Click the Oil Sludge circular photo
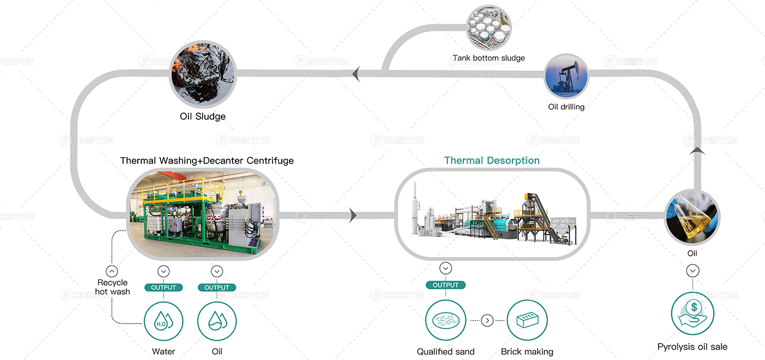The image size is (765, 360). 203,74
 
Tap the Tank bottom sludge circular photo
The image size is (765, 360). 488,28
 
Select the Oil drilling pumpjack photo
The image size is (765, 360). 566,76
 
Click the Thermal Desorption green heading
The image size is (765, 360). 492,161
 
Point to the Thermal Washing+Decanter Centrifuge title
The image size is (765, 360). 207,161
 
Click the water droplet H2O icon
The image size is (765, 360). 164,321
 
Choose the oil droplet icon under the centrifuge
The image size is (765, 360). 217,321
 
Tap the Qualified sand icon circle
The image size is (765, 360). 445,320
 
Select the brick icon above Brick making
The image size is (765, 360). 527,320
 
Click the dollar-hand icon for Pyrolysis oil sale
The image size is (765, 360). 693,314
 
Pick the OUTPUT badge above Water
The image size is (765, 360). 164,287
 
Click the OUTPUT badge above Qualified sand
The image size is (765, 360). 445,285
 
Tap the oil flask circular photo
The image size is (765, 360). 692,218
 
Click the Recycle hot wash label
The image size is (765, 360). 112,287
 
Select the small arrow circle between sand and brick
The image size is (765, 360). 487,321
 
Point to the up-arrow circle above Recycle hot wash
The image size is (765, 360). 112,271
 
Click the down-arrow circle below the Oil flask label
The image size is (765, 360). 693,271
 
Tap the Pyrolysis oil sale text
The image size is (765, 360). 692,347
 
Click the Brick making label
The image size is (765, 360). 527,351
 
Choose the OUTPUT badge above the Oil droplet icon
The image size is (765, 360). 217,287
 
